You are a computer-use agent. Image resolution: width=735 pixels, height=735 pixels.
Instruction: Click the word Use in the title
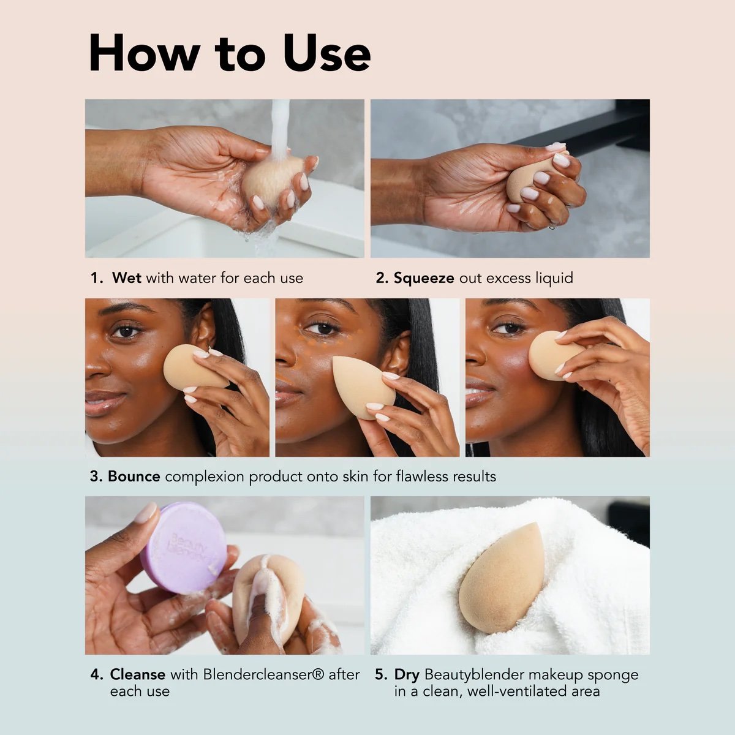point(326,53)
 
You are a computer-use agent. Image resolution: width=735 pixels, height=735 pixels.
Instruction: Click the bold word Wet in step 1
point(127,277)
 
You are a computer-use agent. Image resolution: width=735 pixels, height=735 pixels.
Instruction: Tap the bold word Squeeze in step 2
point(424,279)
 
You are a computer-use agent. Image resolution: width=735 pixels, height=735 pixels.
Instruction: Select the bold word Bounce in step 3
point(134,477)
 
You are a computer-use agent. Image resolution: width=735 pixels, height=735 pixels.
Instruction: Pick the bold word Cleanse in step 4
point(138,674)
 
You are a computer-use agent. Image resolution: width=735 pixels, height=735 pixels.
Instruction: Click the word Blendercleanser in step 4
point(258,674)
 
